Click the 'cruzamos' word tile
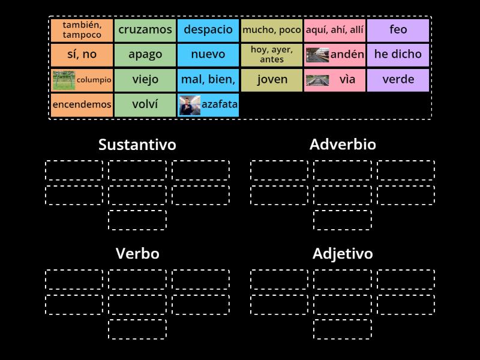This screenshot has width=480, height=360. tap(145, 29)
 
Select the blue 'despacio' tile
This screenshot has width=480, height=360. tap(208, 29)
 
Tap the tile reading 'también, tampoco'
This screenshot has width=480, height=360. tap(82, 29)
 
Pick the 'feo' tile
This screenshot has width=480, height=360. tap(398, 29)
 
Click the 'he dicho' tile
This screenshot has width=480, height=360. tap(398, 55)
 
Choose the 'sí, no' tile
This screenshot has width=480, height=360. tap(82, 55)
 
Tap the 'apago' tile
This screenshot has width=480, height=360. tap(145, 55)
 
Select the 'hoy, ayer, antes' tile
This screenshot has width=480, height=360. tap(272, 55)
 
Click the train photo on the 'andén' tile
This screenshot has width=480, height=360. tap(317, 55)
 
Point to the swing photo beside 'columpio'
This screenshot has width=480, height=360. tap(63, 80)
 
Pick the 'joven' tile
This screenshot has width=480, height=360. tap(272, 80)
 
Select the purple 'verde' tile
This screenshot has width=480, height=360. tap(398, 80)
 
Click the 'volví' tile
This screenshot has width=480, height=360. tap(145, 105)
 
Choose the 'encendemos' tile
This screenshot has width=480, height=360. tap(82, 105)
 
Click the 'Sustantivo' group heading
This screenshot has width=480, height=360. tap(137, 145)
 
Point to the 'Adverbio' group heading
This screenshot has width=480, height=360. tap(343, 145)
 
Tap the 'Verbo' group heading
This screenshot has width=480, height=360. tap(137, 254)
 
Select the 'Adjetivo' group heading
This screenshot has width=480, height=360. tap(343, 254)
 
